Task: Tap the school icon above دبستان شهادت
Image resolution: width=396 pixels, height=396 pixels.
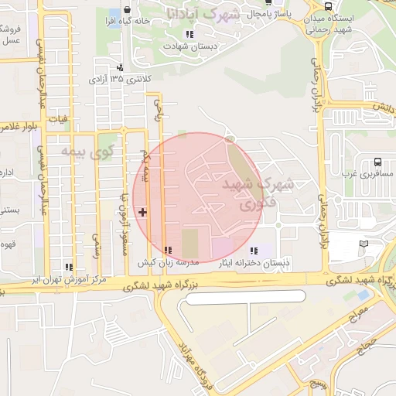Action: tap(189, 34)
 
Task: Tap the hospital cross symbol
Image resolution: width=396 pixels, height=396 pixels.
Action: tap(142, 211)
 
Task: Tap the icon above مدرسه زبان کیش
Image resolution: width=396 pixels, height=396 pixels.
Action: tap(169, 250)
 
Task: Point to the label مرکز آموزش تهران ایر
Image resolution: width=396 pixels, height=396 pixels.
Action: tap(65, 279)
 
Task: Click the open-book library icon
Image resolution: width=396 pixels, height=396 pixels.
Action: tap(364, 245)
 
